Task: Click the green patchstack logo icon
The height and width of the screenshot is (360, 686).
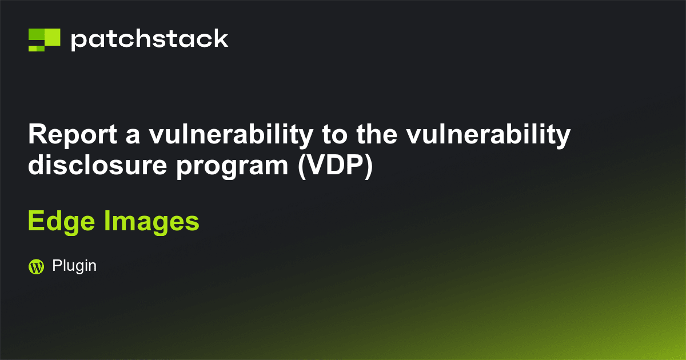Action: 44,39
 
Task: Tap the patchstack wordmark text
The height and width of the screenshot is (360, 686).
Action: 149,39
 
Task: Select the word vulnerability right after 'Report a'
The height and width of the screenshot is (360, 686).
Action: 230,135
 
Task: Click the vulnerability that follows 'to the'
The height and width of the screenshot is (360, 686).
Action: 489,135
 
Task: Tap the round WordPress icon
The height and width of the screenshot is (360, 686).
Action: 36,266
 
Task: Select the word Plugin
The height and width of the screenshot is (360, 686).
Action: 74,266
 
